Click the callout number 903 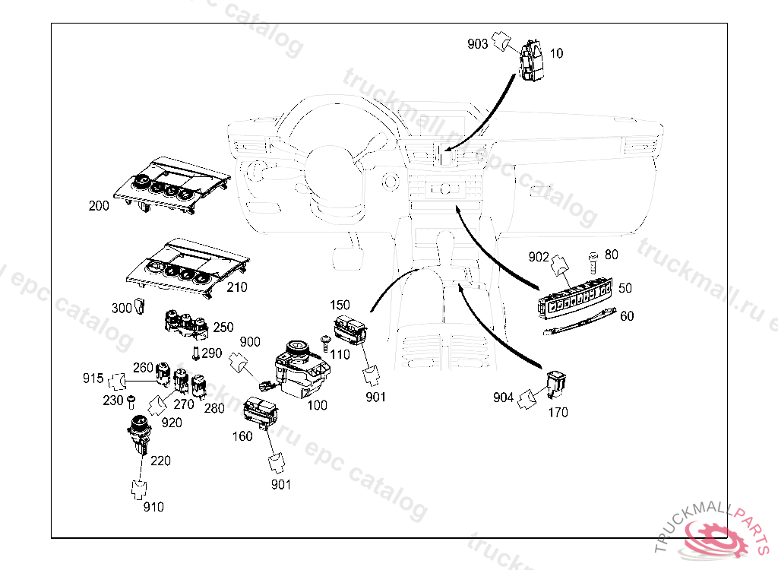pos(477,44)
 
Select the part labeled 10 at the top pos(530,60)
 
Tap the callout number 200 pos(99,206)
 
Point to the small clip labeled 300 pos(140,306)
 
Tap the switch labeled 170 pos(557,384)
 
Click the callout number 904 pos(503,397)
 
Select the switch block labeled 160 pos(260,411)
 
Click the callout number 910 pos(153,507)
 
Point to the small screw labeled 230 pos(131,400)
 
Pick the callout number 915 pos(93,378)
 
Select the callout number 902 pos(538,257)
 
